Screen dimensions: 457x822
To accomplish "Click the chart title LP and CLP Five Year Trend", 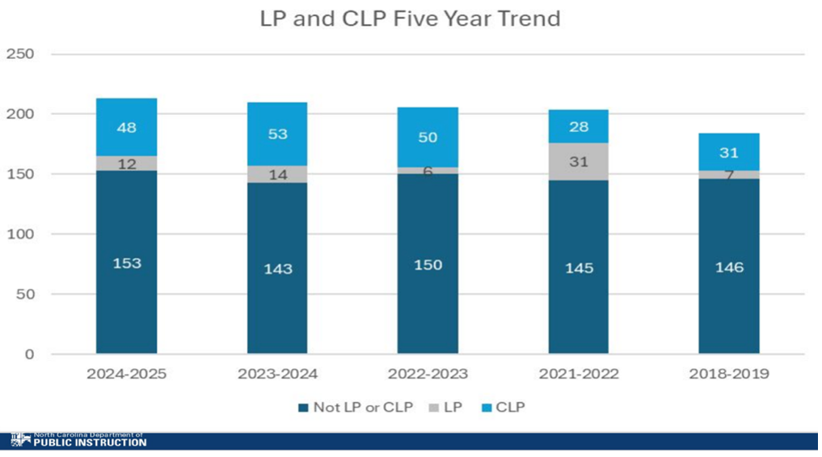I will pyautogui.click(x=410, y=19).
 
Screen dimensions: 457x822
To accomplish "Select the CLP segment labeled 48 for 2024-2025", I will pyautogui.click(x=126, y=127).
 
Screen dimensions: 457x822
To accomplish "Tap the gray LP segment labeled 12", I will pyautogui.click(x=126, y=163).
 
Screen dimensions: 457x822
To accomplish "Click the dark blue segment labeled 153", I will pyautogui.click(x=126, y=262).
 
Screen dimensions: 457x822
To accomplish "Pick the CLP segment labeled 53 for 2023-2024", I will pyautogui.click(x=276, y=134).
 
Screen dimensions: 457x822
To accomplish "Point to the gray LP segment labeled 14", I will pyautogui.click(x=276, y=174).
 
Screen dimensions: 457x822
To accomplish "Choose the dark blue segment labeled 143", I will pyautogui.click(x=276, y=268).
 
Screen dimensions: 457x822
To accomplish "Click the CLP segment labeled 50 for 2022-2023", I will pyautogui.click(x=428, y=137).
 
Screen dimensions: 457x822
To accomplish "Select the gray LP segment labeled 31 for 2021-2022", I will pyautogui.click(x=578, y=162).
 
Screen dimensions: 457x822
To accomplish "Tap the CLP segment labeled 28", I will pyautogui.click(x=578, y=126).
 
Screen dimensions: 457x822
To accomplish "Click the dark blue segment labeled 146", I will pyautogui.click(x=729, y=266).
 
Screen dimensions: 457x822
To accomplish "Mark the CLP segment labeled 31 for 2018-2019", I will pyautogui.click(x=729, y=151).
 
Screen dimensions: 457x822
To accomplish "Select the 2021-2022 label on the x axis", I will pyautogui.click(x=578, y=374).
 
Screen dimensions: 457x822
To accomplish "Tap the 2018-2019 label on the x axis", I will pyautogui.click(x=729, y=374).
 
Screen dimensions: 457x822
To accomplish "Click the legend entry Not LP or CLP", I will pyautogui.click(x=356, y=407).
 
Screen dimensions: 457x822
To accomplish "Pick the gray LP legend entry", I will pyautogui.click(x=446, y=407).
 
